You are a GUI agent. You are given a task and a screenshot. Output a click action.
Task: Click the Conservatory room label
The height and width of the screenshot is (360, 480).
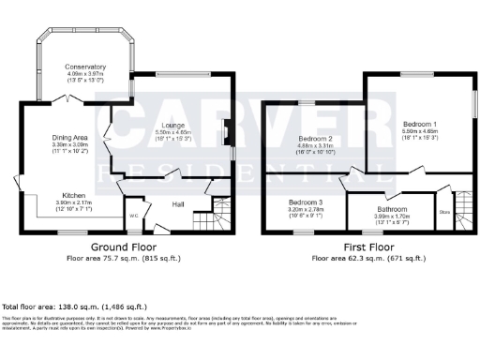point(85,67)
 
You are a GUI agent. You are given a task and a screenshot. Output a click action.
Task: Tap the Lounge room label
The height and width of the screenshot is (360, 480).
point(171,126)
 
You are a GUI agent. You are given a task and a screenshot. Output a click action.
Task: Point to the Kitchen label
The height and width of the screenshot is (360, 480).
point(62,196)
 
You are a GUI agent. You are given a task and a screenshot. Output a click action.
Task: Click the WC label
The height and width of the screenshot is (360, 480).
point(134,216)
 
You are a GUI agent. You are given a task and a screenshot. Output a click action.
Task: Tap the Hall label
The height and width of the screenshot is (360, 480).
point(178,203)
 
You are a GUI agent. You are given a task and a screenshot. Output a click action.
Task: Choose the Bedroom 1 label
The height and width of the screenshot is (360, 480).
point(418,124)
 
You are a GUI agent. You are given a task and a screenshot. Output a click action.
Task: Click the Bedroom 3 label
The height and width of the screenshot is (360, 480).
point(305,202)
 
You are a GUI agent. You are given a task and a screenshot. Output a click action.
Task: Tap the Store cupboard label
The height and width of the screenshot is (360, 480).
point(443,212)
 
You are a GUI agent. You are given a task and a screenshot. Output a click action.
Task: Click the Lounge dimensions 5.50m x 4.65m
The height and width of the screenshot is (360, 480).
point(171,133)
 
